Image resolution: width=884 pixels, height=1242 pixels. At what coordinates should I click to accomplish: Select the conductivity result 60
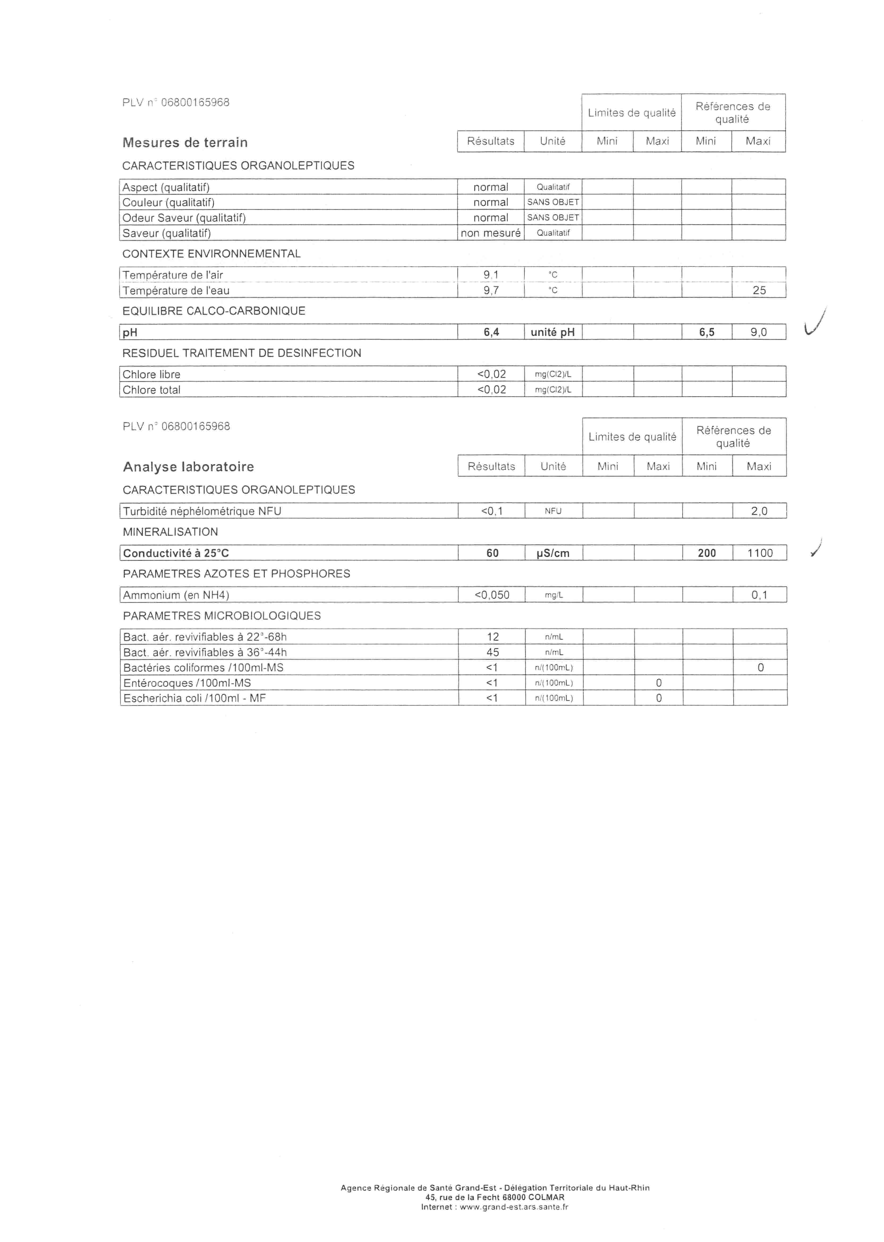tap(492, 553)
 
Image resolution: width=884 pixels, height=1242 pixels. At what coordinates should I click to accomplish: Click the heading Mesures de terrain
tap(185, 143)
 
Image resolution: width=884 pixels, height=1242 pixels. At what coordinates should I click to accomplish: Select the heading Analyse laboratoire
tap(188, 467)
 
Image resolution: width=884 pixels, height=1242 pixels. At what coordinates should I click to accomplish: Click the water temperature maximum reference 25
tap(759, 290)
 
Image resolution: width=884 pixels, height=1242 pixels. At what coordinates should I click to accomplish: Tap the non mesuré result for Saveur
tap(490, 233)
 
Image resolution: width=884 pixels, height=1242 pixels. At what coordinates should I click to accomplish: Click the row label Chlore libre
tap(151, 374)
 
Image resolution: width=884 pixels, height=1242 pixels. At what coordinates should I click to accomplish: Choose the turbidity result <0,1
tap(491, 511)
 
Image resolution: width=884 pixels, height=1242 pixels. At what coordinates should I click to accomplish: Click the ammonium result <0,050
tap(491, 595)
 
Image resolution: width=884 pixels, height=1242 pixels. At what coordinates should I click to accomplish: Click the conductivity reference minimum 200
tap(707, 553)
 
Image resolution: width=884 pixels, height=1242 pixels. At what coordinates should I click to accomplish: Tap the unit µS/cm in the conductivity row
tap(553, 553)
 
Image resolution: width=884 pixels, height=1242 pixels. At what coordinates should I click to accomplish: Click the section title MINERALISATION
tap(170, 532)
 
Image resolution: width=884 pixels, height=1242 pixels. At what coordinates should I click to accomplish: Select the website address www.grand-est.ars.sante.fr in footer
tap(514, 1207)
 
